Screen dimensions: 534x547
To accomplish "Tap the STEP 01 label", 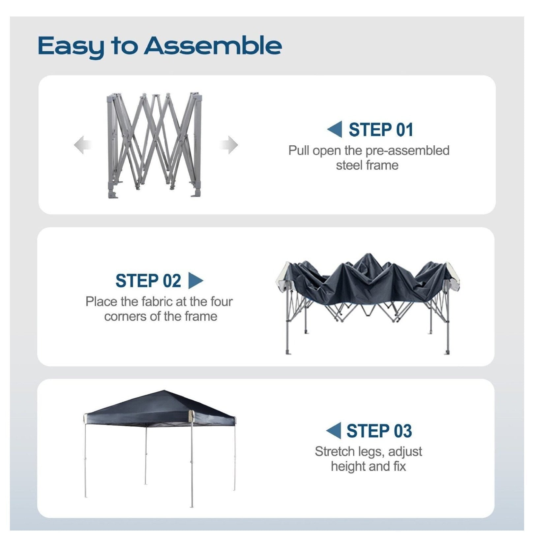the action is coord(381,130).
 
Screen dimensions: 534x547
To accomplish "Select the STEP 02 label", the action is coord(148,281).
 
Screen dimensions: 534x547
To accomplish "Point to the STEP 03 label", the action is coord(379,431).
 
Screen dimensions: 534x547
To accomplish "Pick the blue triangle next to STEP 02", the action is coord(196,280).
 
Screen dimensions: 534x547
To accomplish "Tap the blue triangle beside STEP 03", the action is coord(334,431).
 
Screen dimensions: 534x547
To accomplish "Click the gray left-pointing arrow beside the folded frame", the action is coord(82,145).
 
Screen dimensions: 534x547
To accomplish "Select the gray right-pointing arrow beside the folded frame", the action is coord(229,145).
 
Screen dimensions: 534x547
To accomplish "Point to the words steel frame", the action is coord(367,165).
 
